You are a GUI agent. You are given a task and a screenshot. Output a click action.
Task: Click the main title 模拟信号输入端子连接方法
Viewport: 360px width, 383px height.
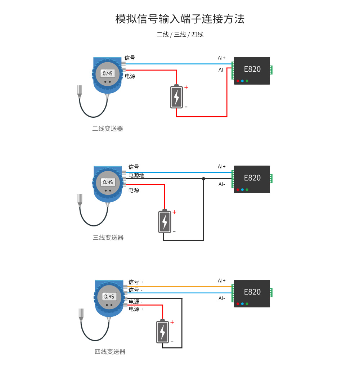pos(180,19)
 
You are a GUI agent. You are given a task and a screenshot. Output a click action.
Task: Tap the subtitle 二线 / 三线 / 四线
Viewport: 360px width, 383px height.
pos(180,35)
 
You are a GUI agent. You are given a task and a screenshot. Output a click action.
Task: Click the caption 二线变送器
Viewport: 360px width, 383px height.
pos(108,129)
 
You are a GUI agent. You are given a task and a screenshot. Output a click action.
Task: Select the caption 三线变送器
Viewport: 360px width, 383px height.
pos(108,238)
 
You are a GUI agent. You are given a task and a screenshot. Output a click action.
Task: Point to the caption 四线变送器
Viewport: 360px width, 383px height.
pos(110,352)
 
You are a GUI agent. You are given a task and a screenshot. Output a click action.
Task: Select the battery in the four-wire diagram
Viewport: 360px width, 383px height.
pos(162,332)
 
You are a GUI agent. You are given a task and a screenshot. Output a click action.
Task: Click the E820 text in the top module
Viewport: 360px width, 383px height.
pos(252,69)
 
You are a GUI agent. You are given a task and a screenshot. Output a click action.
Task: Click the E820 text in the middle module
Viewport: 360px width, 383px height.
pos(252,178)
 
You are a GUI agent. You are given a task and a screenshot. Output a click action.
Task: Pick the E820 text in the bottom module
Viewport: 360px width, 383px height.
pos(252,292)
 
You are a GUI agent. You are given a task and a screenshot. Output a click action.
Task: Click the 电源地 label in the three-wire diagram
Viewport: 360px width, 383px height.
pos(136,176)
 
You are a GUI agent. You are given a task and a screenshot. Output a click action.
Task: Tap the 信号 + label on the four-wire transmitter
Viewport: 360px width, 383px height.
pos(136,282)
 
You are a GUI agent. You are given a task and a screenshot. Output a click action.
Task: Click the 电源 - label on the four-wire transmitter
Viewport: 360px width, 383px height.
pos(136,302)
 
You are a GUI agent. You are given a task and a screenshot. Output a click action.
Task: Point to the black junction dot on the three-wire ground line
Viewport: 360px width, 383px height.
pos(203,179)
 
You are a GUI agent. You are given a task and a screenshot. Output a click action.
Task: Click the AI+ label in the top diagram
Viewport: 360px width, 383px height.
pos(221,58)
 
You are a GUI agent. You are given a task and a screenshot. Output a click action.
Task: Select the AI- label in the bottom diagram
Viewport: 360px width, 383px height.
pos(221,298)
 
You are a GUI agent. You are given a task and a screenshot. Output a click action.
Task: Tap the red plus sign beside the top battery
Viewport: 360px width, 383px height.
pos(186,87)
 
